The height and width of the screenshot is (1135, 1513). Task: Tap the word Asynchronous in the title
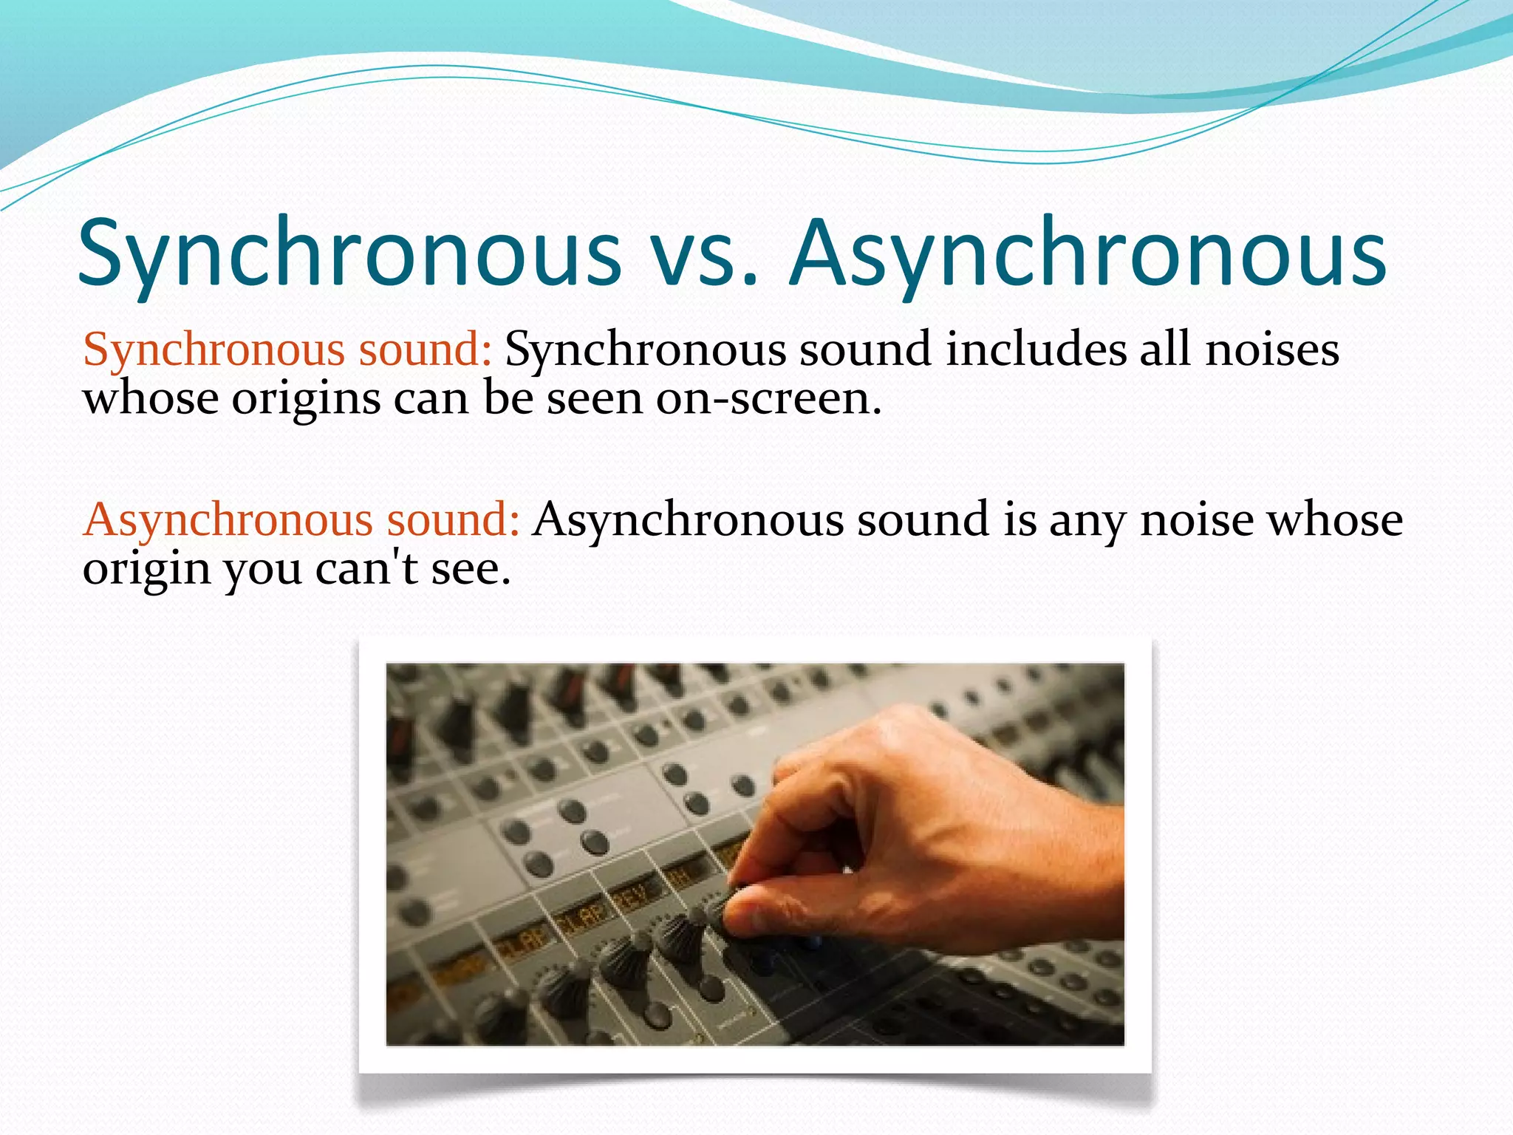[1087, 253]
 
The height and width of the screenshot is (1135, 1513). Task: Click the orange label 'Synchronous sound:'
[287, 349]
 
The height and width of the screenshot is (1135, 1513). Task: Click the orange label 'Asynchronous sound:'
[301, 519]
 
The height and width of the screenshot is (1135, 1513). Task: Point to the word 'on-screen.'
[768, 399]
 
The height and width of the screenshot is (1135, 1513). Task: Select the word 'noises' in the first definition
[1272, 349]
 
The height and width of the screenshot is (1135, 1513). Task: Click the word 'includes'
[1036, 349]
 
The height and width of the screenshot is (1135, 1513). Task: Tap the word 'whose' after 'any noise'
[1335, 519]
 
